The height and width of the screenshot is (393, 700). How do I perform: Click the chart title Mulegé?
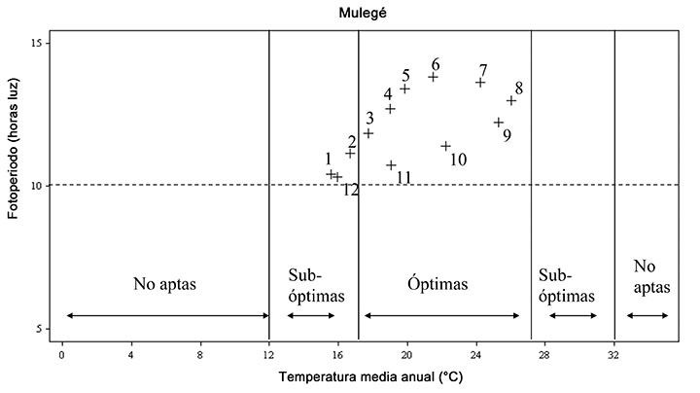pos(349,13)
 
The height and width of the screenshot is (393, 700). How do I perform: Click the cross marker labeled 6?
pos(434,77)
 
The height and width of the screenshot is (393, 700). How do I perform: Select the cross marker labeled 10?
pos(446,146)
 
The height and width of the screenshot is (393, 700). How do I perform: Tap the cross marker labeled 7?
pos(480,83)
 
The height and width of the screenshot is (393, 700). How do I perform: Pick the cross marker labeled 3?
pos(368,133)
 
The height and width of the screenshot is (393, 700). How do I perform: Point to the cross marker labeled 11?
pos(392,165)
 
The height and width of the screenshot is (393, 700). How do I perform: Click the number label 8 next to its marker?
pos(519,89)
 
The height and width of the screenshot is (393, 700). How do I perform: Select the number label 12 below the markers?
pos(351,190)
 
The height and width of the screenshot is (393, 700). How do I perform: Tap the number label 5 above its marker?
pos(406,76)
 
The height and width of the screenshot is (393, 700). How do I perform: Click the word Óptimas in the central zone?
pos(437,285)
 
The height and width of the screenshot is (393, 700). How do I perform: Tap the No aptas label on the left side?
pos(165,285)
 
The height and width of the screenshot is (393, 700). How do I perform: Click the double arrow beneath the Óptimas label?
pos(441,315)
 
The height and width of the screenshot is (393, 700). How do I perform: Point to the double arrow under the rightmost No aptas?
pos(647,315)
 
